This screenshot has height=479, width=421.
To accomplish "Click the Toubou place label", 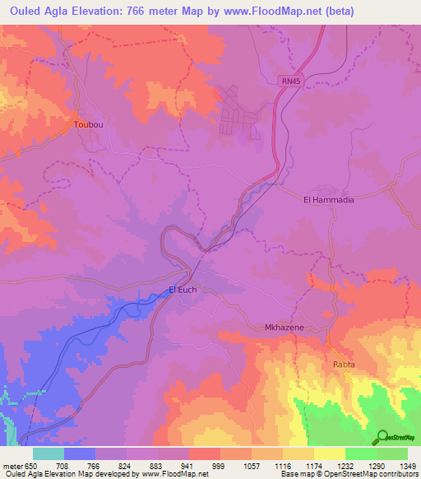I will coord(88,124).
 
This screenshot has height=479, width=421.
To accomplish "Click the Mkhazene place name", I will coord(284,328).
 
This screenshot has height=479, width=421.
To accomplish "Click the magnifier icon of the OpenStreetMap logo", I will coord(380,437).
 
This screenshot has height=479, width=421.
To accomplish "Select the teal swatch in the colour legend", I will coord(48,453).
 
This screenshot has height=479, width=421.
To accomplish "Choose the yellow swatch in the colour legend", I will coord(329,453).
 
